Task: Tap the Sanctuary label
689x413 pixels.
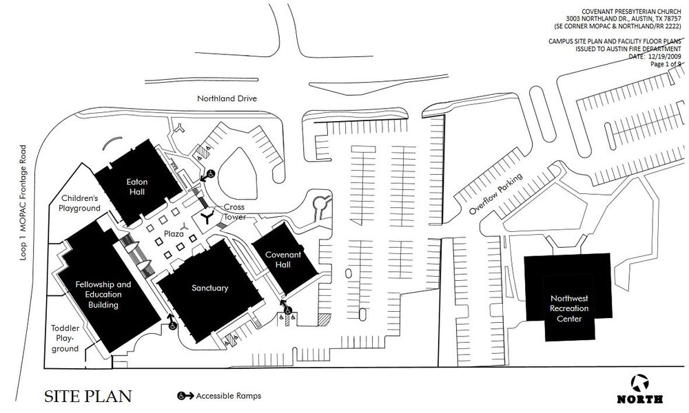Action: [209, 288]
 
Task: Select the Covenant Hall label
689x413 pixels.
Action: [285, 260]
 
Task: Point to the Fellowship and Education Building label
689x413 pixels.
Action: [103, 294]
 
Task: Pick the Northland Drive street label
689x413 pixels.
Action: [227, 98]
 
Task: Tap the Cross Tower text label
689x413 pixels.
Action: [231, 212]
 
